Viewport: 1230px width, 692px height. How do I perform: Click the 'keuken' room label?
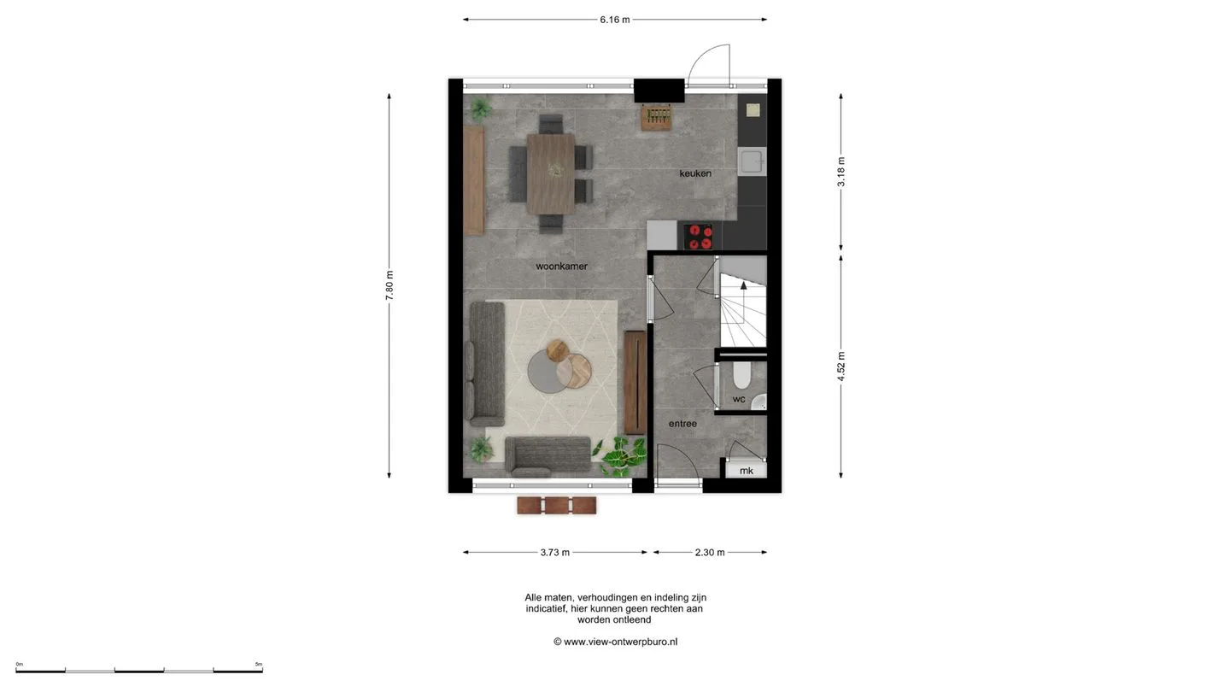[695, 173]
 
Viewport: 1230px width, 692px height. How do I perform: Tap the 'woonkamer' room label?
[562, 267]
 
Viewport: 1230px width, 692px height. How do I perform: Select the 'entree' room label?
[682, 424]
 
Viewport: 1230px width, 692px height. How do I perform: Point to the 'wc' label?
[739, 399]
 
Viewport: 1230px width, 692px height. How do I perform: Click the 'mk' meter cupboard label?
[747, 471]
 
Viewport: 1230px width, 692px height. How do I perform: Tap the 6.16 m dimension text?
[615, 20]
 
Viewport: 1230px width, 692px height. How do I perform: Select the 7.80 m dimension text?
[389, 285]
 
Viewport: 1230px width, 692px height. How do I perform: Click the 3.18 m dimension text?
[841, 172]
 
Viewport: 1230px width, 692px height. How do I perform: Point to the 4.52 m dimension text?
[841, 367]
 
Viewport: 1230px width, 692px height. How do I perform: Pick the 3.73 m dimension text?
[555, 553]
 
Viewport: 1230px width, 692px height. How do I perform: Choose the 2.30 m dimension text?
[710, 553]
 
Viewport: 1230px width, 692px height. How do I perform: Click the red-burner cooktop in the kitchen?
[699, 237]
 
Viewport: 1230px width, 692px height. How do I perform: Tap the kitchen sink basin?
[751, 161]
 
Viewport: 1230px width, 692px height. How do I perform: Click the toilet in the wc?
[741, 374]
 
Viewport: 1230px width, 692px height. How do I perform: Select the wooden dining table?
[551, 174]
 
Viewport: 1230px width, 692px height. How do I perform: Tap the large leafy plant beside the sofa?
[624, 456]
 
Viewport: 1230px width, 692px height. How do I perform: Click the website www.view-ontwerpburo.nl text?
[620, 642]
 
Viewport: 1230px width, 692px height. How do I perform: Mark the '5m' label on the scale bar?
[259, 665]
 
